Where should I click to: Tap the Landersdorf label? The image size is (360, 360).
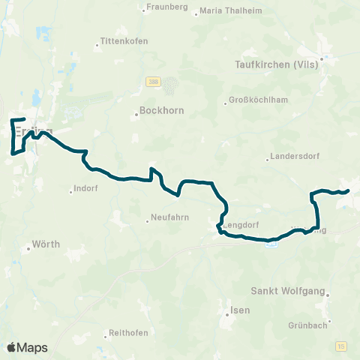point(292,158)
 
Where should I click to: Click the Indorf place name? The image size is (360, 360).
point(87,189)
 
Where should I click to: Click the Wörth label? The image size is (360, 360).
point(46,244)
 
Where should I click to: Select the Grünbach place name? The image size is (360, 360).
point(307,325)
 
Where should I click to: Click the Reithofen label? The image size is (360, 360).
point(127,332)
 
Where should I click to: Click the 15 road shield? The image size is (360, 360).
point(342,346)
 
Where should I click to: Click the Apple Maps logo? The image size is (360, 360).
point(27,347)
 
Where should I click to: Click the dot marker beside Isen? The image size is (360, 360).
point(226,316)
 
